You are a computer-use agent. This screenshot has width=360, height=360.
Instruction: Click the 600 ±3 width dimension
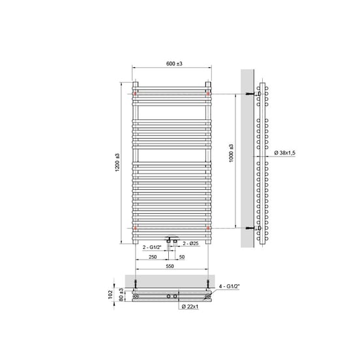172,63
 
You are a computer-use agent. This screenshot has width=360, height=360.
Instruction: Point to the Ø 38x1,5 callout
286,152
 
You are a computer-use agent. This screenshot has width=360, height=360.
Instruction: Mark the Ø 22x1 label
190,306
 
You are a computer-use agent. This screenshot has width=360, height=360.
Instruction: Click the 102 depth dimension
112,295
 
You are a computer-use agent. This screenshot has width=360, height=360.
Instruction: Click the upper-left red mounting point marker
136,95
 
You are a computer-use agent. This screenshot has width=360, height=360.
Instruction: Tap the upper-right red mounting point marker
208,95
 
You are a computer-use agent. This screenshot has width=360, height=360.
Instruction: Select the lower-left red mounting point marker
136,228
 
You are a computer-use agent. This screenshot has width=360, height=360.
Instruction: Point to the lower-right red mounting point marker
208,228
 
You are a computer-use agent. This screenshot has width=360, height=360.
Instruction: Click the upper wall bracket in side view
252,95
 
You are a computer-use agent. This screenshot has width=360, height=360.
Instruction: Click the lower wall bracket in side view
252,228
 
